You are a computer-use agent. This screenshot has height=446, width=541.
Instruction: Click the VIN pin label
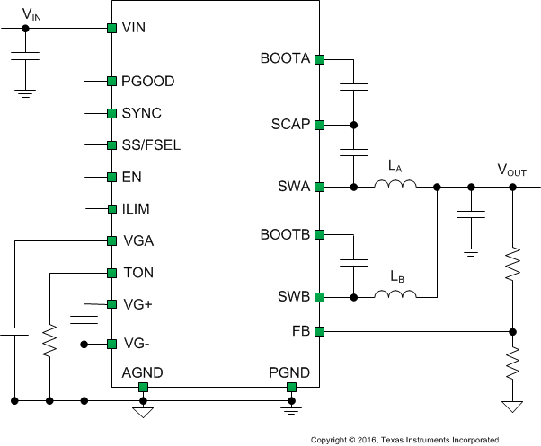click(133, 28)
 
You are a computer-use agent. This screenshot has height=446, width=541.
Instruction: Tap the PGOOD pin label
click(147, 82)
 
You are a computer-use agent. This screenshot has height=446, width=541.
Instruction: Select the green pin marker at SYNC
click(112, 114)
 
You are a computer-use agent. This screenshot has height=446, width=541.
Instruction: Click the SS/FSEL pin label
click(151, 145)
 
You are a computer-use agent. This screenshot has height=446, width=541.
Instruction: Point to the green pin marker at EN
click(112, 177)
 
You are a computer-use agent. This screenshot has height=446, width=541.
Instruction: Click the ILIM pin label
click(136, 209)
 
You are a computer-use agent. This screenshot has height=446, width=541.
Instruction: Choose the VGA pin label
click(137, 240)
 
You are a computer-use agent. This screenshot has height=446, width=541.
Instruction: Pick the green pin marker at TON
click(112, 272)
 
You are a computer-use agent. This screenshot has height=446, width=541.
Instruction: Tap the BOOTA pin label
click(284, 59)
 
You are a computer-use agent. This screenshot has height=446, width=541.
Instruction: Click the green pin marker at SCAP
click(318, 125)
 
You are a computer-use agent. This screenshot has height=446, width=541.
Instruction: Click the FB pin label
click(301, 331)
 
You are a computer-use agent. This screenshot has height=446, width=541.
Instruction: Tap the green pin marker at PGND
click(291, 387)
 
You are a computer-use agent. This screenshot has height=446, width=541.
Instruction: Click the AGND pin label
click(142, 372)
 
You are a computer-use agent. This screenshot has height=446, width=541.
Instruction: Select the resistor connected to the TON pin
click(49, 338)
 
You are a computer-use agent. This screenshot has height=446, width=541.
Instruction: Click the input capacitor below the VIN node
click(25, 59)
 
